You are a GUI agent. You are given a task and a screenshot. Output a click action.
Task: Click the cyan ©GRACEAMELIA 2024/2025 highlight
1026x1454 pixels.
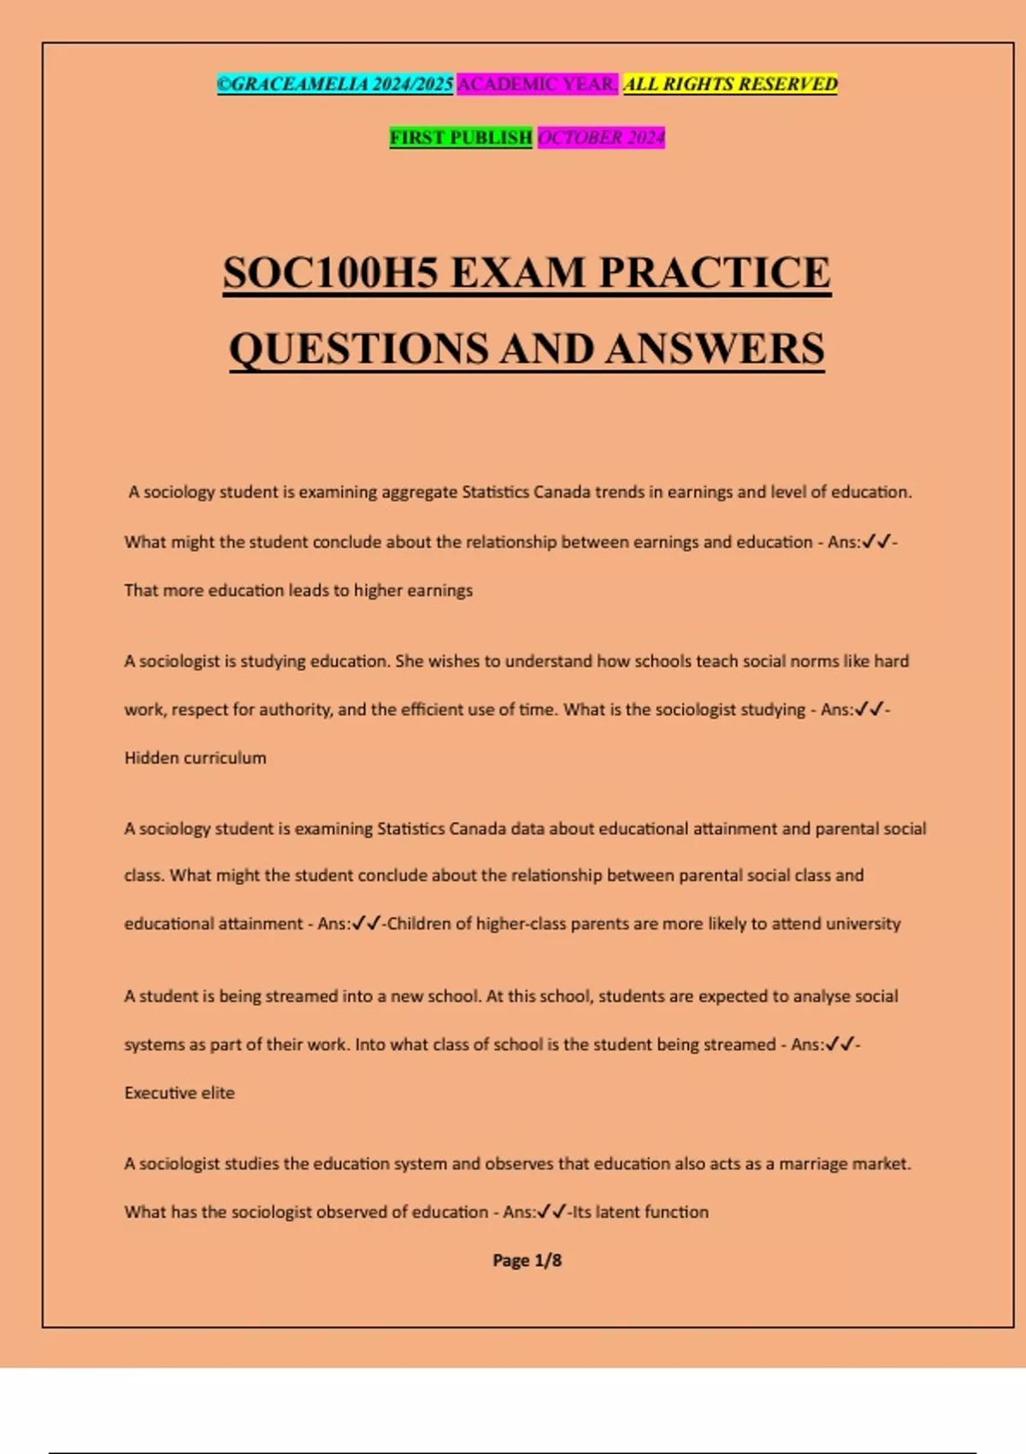pos(334,84)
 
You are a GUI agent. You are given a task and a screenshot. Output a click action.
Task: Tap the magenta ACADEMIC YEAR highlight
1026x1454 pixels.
pos(537,84)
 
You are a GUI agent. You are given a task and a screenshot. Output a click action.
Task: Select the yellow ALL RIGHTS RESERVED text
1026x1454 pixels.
pos(730,84)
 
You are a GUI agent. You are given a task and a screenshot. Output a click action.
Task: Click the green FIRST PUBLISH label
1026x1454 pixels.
pos(461,137)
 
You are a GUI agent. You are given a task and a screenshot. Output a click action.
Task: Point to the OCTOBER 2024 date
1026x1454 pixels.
pos(600,137)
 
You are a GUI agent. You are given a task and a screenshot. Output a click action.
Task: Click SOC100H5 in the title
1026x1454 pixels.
pos(331,273)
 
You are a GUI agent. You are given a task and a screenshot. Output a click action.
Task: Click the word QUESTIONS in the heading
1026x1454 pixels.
pos(360,349)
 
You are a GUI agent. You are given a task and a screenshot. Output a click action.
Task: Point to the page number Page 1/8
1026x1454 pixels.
pos(527,1260)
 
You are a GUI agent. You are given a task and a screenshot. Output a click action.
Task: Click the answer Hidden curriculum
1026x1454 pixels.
pos(195,758)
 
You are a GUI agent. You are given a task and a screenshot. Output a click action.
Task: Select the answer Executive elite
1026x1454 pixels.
pos(180,1092)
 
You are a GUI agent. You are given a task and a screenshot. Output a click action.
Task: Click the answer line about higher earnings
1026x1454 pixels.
pos(298,590)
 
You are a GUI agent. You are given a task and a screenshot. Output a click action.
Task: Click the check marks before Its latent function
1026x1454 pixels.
pos(552,1212)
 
